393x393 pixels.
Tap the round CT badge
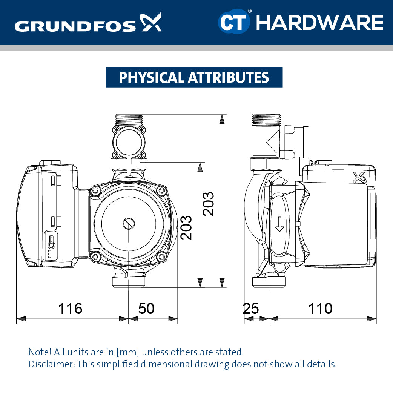tap(234, 22)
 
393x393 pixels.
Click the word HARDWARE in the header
tap(319, 22)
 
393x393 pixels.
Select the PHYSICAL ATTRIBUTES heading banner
tap(194, 77)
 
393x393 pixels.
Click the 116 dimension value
tap(70, 309)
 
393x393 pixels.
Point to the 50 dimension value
tap(146, 309)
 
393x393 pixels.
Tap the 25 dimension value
tap(251, 309)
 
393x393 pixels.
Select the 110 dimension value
tap(320, 309)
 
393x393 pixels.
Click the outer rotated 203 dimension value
tap(208, 204)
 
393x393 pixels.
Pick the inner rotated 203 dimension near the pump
tap(186, 227)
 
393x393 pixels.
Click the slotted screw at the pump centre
tap(128, 223)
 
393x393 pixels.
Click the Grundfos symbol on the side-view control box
tap(358, 177)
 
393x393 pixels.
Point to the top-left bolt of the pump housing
tap(96, 191)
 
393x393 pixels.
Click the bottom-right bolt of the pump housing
tap(162, 257)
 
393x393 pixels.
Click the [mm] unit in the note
tap(128, 352)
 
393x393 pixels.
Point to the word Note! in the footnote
tap(40, 352)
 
